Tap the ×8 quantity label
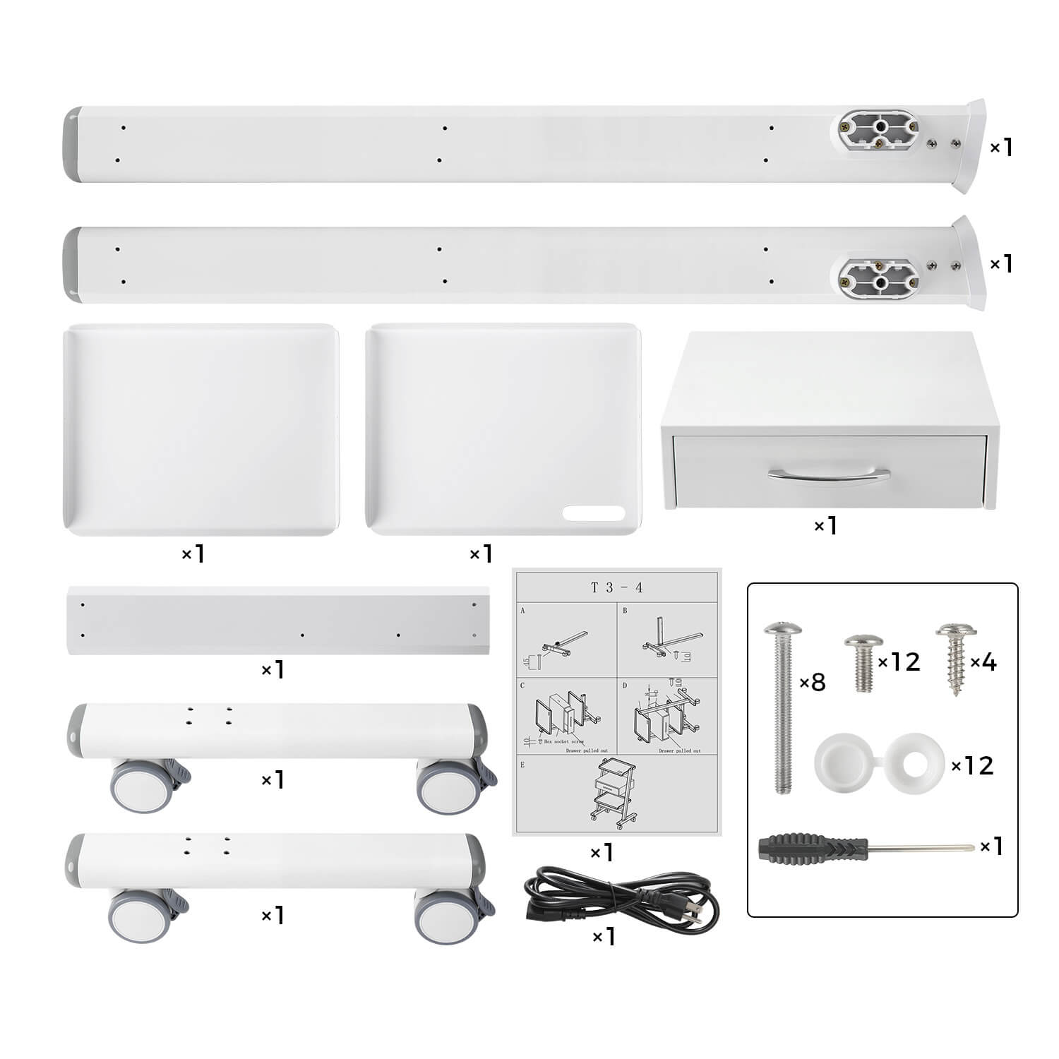[x=813, y=683]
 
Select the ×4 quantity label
[x=983, y=662]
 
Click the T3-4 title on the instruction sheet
[x=616, y=587]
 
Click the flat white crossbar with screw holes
[x=279, y=620]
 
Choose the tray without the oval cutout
[x=201, y=429]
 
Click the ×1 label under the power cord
[x=604, y=937]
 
